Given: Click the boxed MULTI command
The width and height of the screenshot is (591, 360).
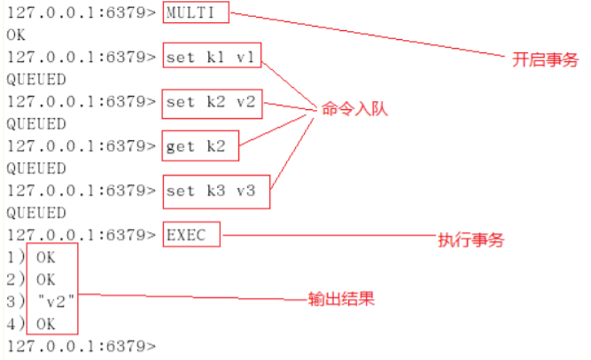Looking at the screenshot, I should [x=195, y=13].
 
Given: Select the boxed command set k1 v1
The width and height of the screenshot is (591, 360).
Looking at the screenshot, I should [x=212, y=58].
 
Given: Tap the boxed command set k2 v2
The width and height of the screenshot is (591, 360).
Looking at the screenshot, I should [x=212, y=102].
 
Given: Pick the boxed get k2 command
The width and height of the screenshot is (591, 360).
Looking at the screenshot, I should [x=200, y=146].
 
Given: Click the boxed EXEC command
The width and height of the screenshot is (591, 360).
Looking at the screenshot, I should [x=191, y=235].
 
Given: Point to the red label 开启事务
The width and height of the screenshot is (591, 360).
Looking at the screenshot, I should [x=545, y=60].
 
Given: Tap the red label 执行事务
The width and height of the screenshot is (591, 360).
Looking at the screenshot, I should [x=471, y=240].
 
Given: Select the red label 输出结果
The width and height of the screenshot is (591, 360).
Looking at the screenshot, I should [x=341, y=299].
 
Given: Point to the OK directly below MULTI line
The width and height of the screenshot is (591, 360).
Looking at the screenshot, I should [x=16, y=35].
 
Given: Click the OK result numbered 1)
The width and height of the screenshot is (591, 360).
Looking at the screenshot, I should [x=45, y=257].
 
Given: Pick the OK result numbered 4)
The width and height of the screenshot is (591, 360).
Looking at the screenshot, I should [x=45, y=324].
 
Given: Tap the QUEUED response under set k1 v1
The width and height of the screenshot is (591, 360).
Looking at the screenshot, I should [x=35, y=80].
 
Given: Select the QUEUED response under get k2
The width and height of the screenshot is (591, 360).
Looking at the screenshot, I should [x=35, y=168].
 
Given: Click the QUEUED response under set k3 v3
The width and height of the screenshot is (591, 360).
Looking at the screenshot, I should [x=35, y=213].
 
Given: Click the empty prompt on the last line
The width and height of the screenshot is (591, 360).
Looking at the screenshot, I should [x=81, y=346].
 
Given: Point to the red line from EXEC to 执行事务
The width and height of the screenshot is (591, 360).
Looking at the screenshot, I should [x=328, y=236].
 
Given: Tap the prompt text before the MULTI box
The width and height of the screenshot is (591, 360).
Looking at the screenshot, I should [x=81, y=13].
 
